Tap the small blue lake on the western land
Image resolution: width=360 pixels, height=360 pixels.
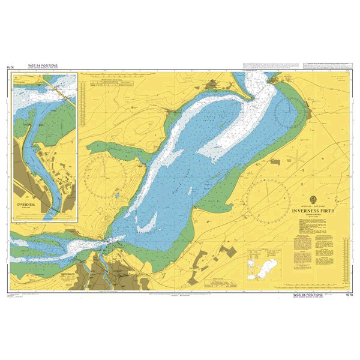pos(113,196)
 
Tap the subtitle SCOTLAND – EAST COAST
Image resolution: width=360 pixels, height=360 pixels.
pos(314,205)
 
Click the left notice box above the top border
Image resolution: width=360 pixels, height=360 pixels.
pos(264,64)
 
